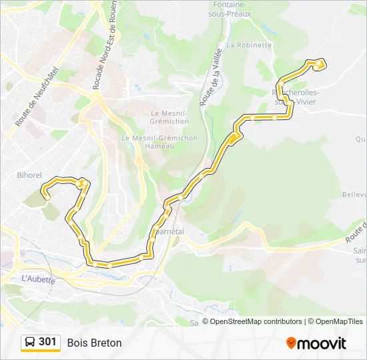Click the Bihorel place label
(x=29, y=175)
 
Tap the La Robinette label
(x=249, y=45)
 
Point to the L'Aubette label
(x=38, y=279)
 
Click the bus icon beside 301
(x=30, y=343)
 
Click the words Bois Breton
(x=94, y=343)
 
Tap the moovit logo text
(x=322, y=343)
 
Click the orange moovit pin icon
(x=291, y=343)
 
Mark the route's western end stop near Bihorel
(x=47, y=197)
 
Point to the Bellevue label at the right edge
(x=354, y=195)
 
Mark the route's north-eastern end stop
(x=322, y=65)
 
